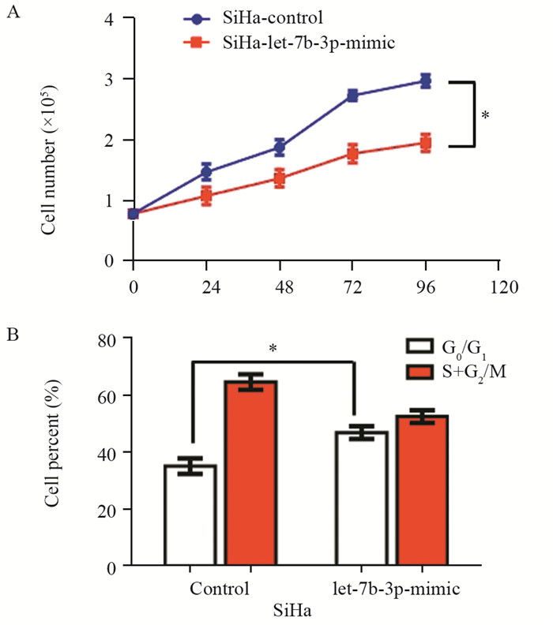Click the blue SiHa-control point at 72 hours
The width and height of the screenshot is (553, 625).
point(353,95)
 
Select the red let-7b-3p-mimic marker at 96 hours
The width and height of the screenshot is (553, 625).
point(425,143)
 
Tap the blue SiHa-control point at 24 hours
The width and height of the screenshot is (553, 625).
point(206,171)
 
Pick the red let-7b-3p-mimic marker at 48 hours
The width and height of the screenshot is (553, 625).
point(280,178)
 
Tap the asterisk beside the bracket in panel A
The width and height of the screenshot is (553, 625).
point(485,115)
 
